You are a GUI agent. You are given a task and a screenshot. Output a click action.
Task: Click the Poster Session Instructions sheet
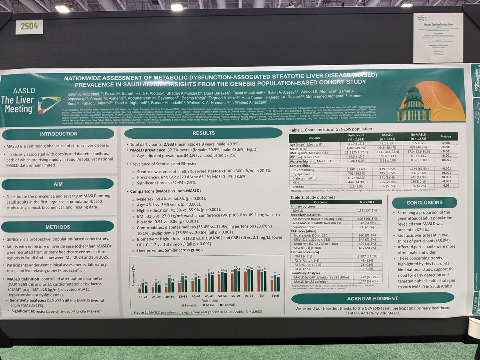438,38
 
